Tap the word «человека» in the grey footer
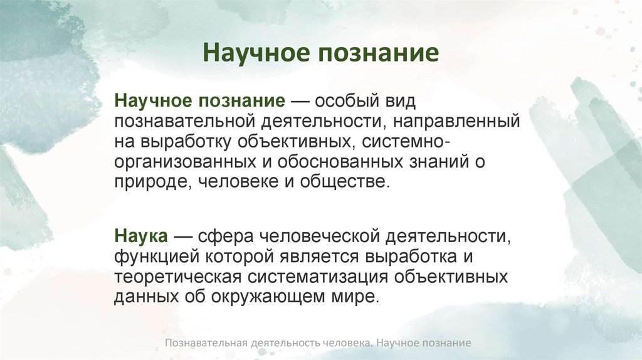(344, 344)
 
